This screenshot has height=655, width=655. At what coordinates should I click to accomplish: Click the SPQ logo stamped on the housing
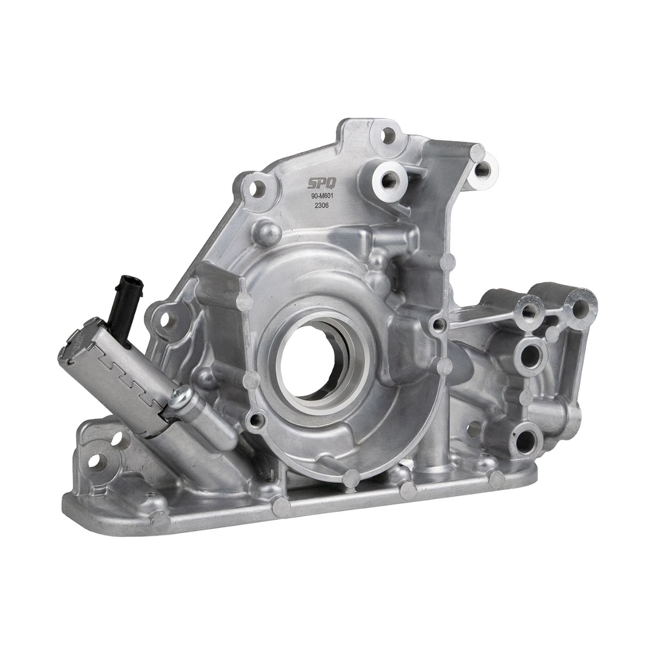pyautogui.click(x=322, y=184)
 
